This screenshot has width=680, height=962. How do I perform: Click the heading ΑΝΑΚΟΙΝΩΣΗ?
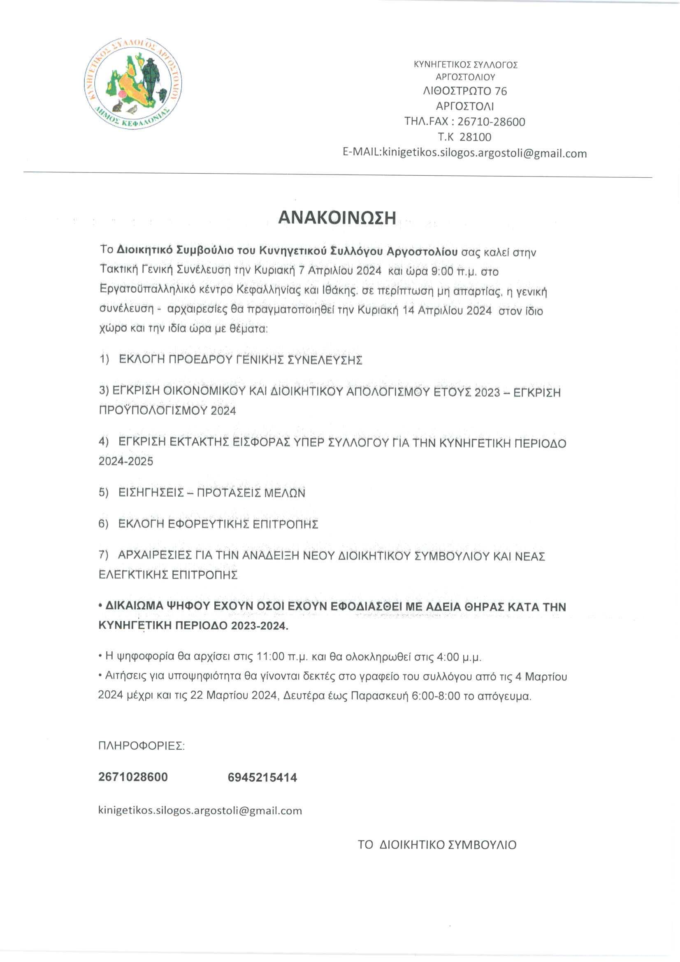point(337,218)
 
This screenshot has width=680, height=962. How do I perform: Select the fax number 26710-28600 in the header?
point(491,122)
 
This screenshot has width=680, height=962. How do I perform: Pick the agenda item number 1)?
point(104,360)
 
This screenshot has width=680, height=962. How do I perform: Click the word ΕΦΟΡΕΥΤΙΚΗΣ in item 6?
point(208,524)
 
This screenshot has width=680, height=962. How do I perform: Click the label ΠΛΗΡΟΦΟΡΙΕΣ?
point(141,746)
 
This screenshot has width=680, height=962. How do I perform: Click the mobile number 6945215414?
point(262,778)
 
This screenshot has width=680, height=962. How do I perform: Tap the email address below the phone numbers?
point(200,810)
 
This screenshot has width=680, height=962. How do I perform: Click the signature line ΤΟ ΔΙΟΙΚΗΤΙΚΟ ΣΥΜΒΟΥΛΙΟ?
point(437,845)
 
